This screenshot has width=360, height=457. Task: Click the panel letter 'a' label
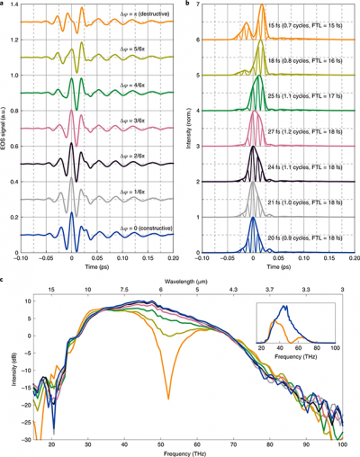(x=4, y=4)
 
